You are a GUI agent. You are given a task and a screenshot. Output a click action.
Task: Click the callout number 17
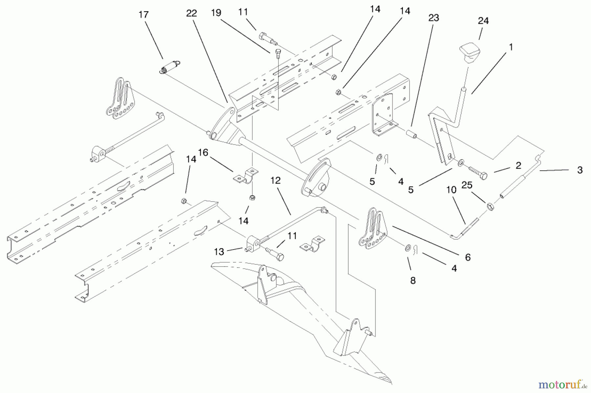click(143, 15)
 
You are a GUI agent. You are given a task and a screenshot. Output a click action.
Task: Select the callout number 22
click(191, 13)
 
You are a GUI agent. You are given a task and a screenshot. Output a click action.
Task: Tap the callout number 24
click(483, 21)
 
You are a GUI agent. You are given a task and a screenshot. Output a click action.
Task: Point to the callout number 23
click(434, 18)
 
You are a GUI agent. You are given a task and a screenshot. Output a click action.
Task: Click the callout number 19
click(216, 13)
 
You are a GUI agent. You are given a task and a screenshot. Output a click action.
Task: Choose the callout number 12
click(276, 180)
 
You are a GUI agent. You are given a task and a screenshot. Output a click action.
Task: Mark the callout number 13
click(219, 252)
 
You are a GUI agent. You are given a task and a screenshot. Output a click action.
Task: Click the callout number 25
click(467, 185)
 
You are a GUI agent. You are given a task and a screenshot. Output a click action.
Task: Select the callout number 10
click(451, 189)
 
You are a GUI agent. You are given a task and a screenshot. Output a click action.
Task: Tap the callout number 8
click(413, 280)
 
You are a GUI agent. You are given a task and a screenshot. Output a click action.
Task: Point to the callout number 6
click(468, 257)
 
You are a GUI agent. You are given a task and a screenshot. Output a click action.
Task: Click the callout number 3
click(580, 170)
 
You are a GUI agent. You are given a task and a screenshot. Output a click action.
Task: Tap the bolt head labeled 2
click(483, 176)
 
